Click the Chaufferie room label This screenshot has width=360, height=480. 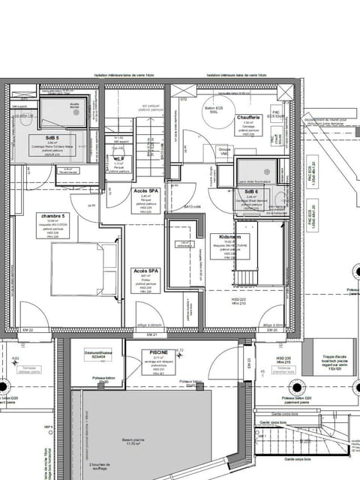pos(248,117)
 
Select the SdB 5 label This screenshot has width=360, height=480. pos(51,138)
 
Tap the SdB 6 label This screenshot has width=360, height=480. pos(251,191)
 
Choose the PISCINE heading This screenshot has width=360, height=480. pos(157,352)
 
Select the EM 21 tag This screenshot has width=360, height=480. pos(151,334)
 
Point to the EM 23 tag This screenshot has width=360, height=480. pos(248,364)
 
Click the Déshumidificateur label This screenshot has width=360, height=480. pos(98,352)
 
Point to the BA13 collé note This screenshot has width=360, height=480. pos(193,206)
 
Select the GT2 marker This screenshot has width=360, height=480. pos(182,97)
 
